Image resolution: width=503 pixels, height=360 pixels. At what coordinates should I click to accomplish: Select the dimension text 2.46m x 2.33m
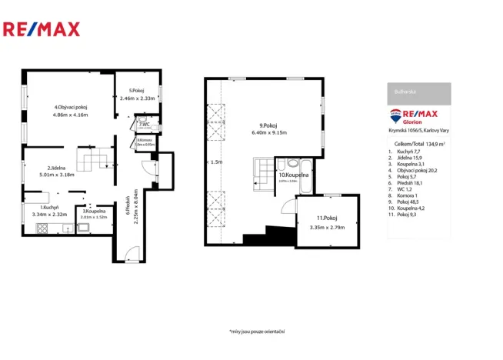[x=137, y=98]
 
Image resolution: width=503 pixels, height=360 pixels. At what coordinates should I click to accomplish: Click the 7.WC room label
[x=144, y=122]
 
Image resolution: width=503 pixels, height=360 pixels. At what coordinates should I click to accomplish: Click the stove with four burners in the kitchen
[x=38, y=228]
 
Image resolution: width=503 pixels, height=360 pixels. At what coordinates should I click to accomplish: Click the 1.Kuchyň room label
[x=51, y=207]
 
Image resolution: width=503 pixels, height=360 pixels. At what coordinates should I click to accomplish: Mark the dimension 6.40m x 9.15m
[x=268, y=132]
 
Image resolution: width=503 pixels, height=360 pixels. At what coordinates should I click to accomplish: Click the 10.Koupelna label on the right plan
[x=293, y=175]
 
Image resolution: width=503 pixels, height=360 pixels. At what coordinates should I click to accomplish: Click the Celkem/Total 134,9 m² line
[x=418, y=143]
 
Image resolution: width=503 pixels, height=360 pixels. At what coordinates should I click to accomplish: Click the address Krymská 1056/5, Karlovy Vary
[x=418, y=131]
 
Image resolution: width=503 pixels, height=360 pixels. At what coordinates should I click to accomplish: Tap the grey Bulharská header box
[x=418, y=92]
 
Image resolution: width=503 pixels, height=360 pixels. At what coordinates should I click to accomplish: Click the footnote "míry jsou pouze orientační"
[x=257, y=331]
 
